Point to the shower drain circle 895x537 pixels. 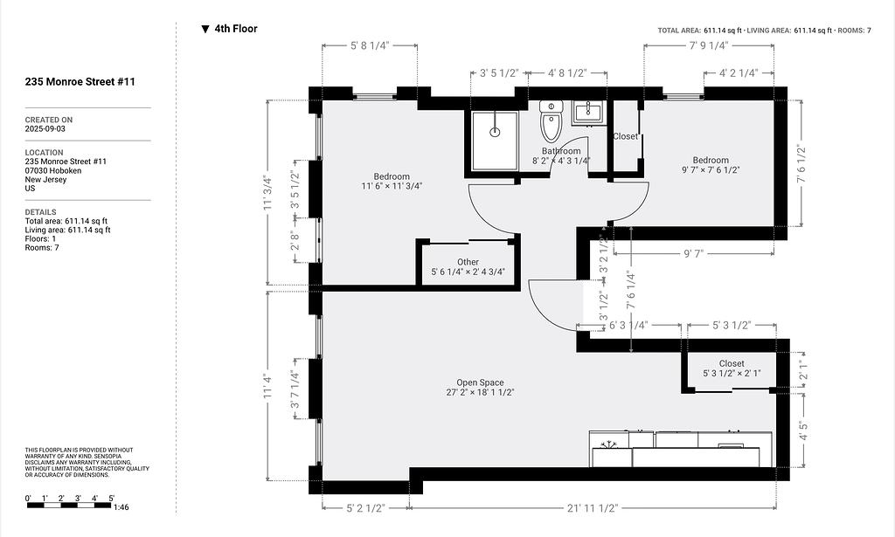point(495,132)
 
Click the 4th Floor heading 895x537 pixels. point(236,29)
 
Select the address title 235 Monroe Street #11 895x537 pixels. point(80,81)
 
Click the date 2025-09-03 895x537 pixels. point(45,129)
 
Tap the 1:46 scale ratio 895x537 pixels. point(121,507)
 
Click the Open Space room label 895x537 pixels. point(480,382)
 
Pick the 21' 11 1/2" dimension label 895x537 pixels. point(593,508)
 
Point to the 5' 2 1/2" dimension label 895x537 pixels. point(366,508)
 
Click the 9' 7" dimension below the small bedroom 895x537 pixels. point(693,253)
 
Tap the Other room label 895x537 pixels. point(468,262)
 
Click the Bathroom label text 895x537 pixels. point(561,151)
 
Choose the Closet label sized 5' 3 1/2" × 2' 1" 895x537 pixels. point(732,368)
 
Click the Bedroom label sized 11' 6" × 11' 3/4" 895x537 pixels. point(392,182)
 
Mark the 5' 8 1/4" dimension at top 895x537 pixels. point(370,45)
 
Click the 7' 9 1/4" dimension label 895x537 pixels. point(709,45)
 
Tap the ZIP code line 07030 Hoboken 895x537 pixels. point(53,170)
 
